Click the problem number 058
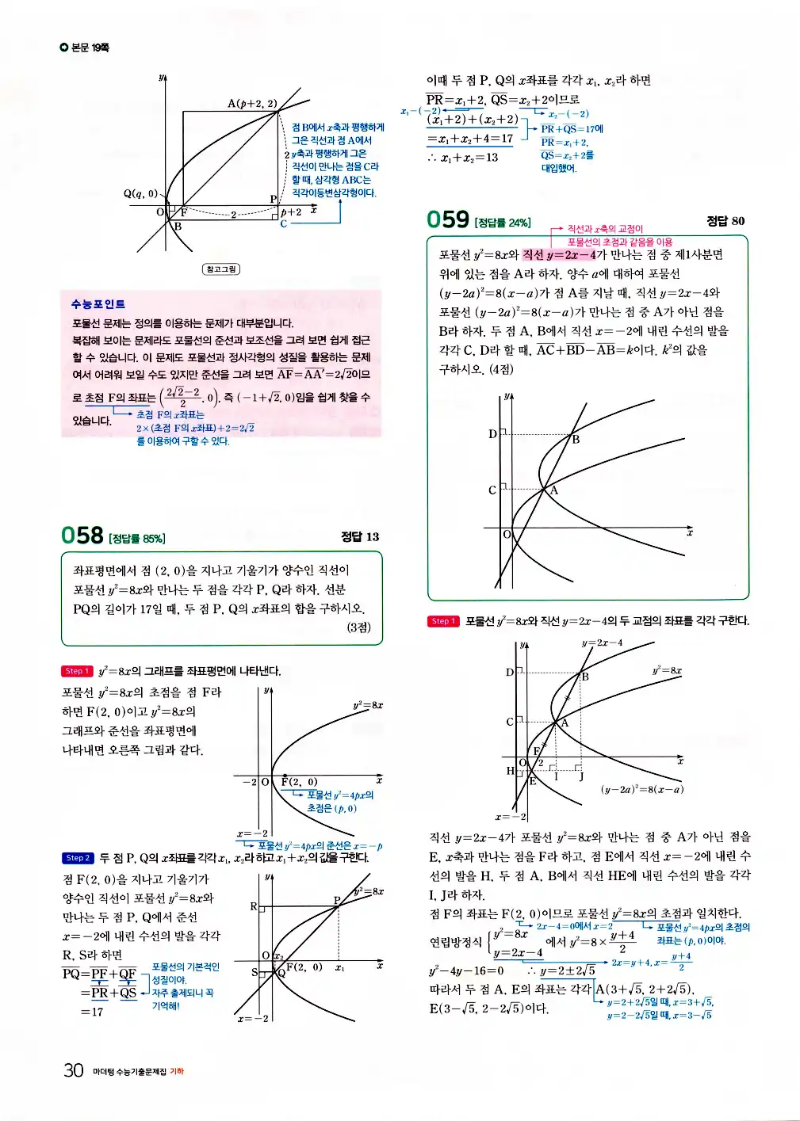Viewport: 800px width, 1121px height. click(82, 536)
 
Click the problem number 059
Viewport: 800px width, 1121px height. click(447, 219)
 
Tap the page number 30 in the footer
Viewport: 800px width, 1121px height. click(73, 1070)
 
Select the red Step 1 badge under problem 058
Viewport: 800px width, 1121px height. click(76, 671)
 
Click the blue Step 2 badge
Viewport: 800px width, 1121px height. click(77, 858)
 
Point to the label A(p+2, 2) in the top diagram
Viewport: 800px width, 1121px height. click(252, 103)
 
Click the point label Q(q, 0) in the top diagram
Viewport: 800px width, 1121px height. click(140, 193)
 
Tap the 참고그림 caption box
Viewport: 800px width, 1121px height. click(220, 269)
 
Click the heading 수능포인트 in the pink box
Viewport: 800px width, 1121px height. click(98, 303)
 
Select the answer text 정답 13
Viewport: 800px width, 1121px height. click(360, 536)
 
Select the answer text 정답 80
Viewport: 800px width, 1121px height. click(725, 221)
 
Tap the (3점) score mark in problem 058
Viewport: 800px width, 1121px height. click(358, 627)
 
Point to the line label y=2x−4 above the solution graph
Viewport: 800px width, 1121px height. click(602, 642)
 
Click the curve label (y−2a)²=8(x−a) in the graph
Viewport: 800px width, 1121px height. click(641, 789)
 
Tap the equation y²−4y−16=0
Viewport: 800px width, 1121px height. click(466, 970)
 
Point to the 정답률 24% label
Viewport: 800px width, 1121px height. click(503, 223)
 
